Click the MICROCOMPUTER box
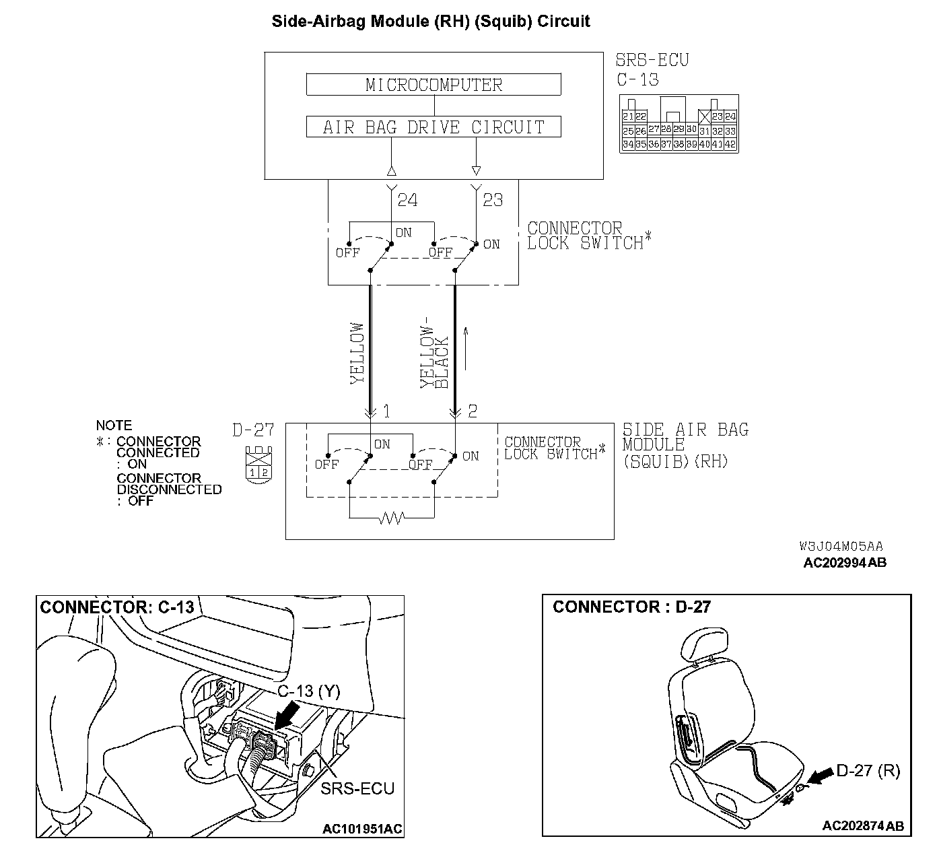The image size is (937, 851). pos(433,85)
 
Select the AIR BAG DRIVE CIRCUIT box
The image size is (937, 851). pos(433,127)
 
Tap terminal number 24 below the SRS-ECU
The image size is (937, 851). pos(407,200)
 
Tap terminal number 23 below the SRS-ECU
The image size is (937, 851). pos(493,200)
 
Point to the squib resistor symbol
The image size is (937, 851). pos(392,518)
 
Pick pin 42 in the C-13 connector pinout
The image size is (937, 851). pos(730,144)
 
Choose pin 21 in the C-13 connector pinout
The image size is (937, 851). pos(627,116)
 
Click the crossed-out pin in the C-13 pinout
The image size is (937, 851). pos(705,116)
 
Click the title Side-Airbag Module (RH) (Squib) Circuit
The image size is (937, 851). pos(431,21)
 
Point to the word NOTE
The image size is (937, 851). pos(114,425)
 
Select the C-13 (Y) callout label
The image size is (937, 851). pos(309,691)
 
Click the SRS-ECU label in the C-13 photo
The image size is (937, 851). pos(357,788)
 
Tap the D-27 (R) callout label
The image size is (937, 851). pos(868,771)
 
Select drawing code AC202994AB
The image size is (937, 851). pos(845,562)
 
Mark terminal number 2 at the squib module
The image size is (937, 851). pos(473,411)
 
